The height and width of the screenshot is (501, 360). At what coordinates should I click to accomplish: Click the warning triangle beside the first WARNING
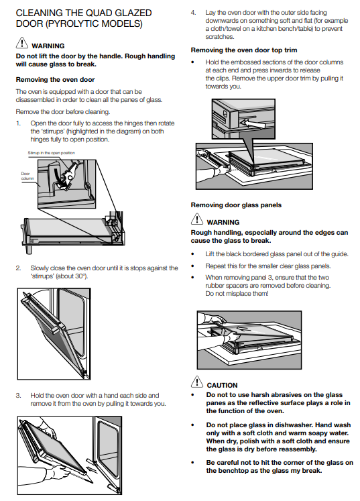pos(21,42)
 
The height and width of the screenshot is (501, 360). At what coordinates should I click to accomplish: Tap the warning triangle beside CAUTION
pos(197,382)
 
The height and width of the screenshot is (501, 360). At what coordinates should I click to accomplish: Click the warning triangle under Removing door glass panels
pos(197,219)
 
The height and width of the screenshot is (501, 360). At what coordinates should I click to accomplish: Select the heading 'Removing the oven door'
pos(55,80)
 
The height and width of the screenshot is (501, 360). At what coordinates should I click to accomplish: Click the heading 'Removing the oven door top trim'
pos(244,50)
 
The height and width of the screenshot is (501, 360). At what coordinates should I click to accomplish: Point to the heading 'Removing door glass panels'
pos(236,205)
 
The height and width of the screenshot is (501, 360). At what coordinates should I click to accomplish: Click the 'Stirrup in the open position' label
pos(52,153)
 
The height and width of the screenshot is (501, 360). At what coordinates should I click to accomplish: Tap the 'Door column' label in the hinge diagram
pos(27,176)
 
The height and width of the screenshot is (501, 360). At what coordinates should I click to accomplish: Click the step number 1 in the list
pos(18,123)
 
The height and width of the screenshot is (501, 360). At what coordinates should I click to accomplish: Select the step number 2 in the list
pos(18,268)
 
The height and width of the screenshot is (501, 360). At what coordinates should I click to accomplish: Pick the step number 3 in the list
pos(18,396)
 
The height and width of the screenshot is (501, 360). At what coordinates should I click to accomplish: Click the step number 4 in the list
pos(193,13)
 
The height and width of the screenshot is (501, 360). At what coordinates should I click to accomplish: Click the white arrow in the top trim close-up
pos(252,123)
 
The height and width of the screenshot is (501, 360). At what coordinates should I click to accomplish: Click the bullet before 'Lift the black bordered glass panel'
pos(192,254)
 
